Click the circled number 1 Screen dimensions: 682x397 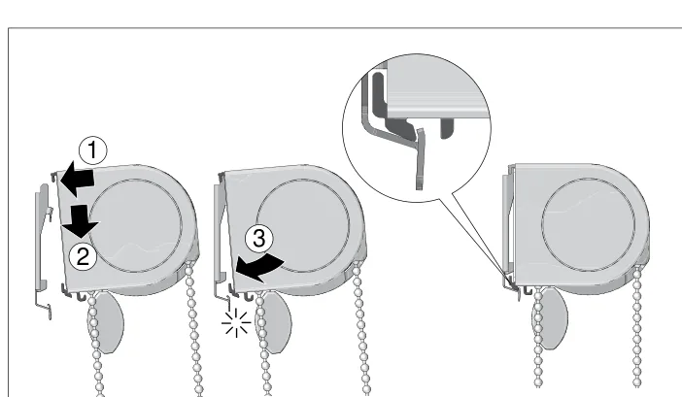(x=92, y=150)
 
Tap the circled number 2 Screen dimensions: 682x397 (x=83, y=256)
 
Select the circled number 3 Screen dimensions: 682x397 (x=258, y=239)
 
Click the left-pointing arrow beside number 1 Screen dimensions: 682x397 (x=77, y=180)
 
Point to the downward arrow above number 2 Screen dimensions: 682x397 (x=81, y=220)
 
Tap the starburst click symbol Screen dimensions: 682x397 (x=236, y=323)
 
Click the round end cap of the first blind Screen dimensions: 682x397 (x=135, y=226)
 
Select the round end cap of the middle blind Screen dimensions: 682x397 (x=303, y=226)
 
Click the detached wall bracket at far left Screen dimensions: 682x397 (x=43, y=249)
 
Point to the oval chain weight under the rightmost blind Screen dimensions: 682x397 (x=552, y=318)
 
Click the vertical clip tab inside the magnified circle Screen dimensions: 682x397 (x=420, y=158)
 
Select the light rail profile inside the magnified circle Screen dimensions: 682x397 (x=436, y=90)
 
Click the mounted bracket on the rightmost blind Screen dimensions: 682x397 (x=507, y=230)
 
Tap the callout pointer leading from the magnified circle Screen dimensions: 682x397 (x=478, y=240)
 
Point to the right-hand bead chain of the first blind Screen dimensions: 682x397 (x=193, y=330)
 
